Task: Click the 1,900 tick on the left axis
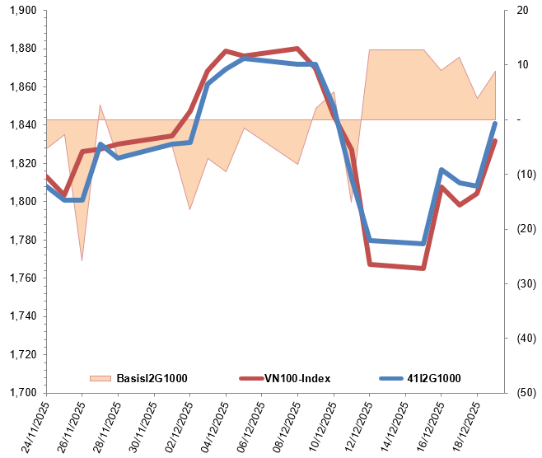[x=21, y=10]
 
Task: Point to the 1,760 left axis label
[x=21, y=278]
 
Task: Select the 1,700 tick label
[x=21, y=393]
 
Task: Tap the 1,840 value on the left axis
[x=21, y=124]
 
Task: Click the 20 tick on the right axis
[x=521, y=10]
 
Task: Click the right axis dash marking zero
[x=519, y=120]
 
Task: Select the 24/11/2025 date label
[x=30, y=424]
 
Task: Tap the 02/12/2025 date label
[x=173, y=424]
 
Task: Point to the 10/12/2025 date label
[x=316, y=424]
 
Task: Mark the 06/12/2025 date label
[x=245, y=424]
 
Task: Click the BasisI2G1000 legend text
[x=152, y=378]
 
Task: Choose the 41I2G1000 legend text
[x=433, y=378]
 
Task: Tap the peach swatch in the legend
[x=99, y=378]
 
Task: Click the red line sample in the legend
[x=250, y=378]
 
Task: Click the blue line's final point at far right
[x=495, y=124]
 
